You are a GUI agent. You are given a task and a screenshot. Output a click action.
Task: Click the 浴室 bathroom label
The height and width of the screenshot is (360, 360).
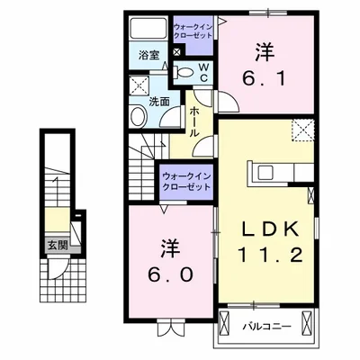[x=148, y=55]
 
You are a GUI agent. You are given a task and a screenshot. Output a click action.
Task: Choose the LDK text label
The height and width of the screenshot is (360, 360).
[x=269, y=230]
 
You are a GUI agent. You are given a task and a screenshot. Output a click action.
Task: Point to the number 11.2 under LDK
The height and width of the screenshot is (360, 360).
[x=269, y=256]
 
